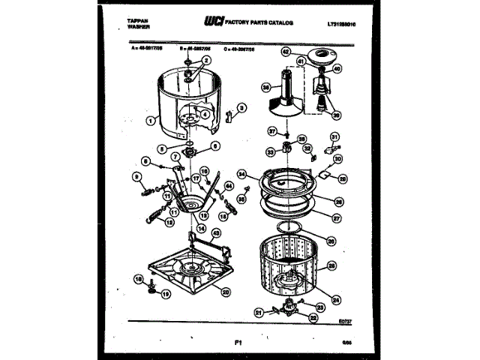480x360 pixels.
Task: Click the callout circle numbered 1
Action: tap(151, 120)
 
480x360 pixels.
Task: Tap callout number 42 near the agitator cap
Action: tap(285, 52)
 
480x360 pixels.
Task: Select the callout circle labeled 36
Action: tap(265, 87)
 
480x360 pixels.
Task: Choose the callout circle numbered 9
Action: tap(137, 178)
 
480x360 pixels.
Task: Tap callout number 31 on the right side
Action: tap(335, 136)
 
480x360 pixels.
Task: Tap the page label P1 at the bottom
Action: tap(238, 342)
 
